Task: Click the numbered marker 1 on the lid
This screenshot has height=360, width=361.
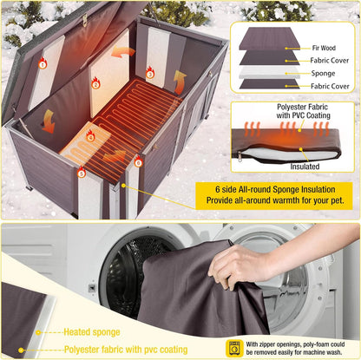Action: (x=43, y=64)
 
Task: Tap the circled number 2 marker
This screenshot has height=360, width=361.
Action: (x=95, y=84)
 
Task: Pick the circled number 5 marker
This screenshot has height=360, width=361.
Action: (x=82, y=173)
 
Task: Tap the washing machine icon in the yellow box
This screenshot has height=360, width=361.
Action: (x=233, y=348)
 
